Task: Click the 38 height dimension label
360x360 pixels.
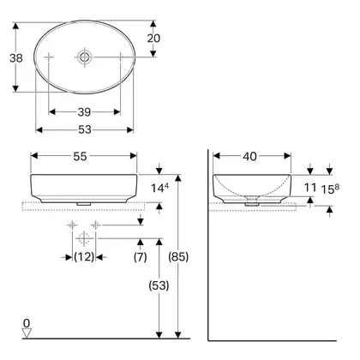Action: pyautogui.click(x=16, y=58)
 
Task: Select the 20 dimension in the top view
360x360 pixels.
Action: pyautogui.click(x=153, y=38)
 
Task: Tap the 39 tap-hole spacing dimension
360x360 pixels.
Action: pyautogui.click(x=84, y=112)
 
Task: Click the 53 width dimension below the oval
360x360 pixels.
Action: pyautogui.click(x=85, y=129)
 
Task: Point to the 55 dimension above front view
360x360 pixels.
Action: pyautogui.click(x=80, y=156)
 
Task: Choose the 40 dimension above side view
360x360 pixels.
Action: pyautogui.click(x=250, y=156)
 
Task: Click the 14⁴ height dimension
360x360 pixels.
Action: pyautogui.click(x=159, y=188)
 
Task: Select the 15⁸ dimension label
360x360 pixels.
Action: pyautogui.click(x=330, y=189)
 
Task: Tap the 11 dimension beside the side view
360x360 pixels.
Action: pyautogui.click(x=310, y=188)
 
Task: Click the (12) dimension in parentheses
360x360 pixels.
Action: pyautogui.click(x=84, y=257)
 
